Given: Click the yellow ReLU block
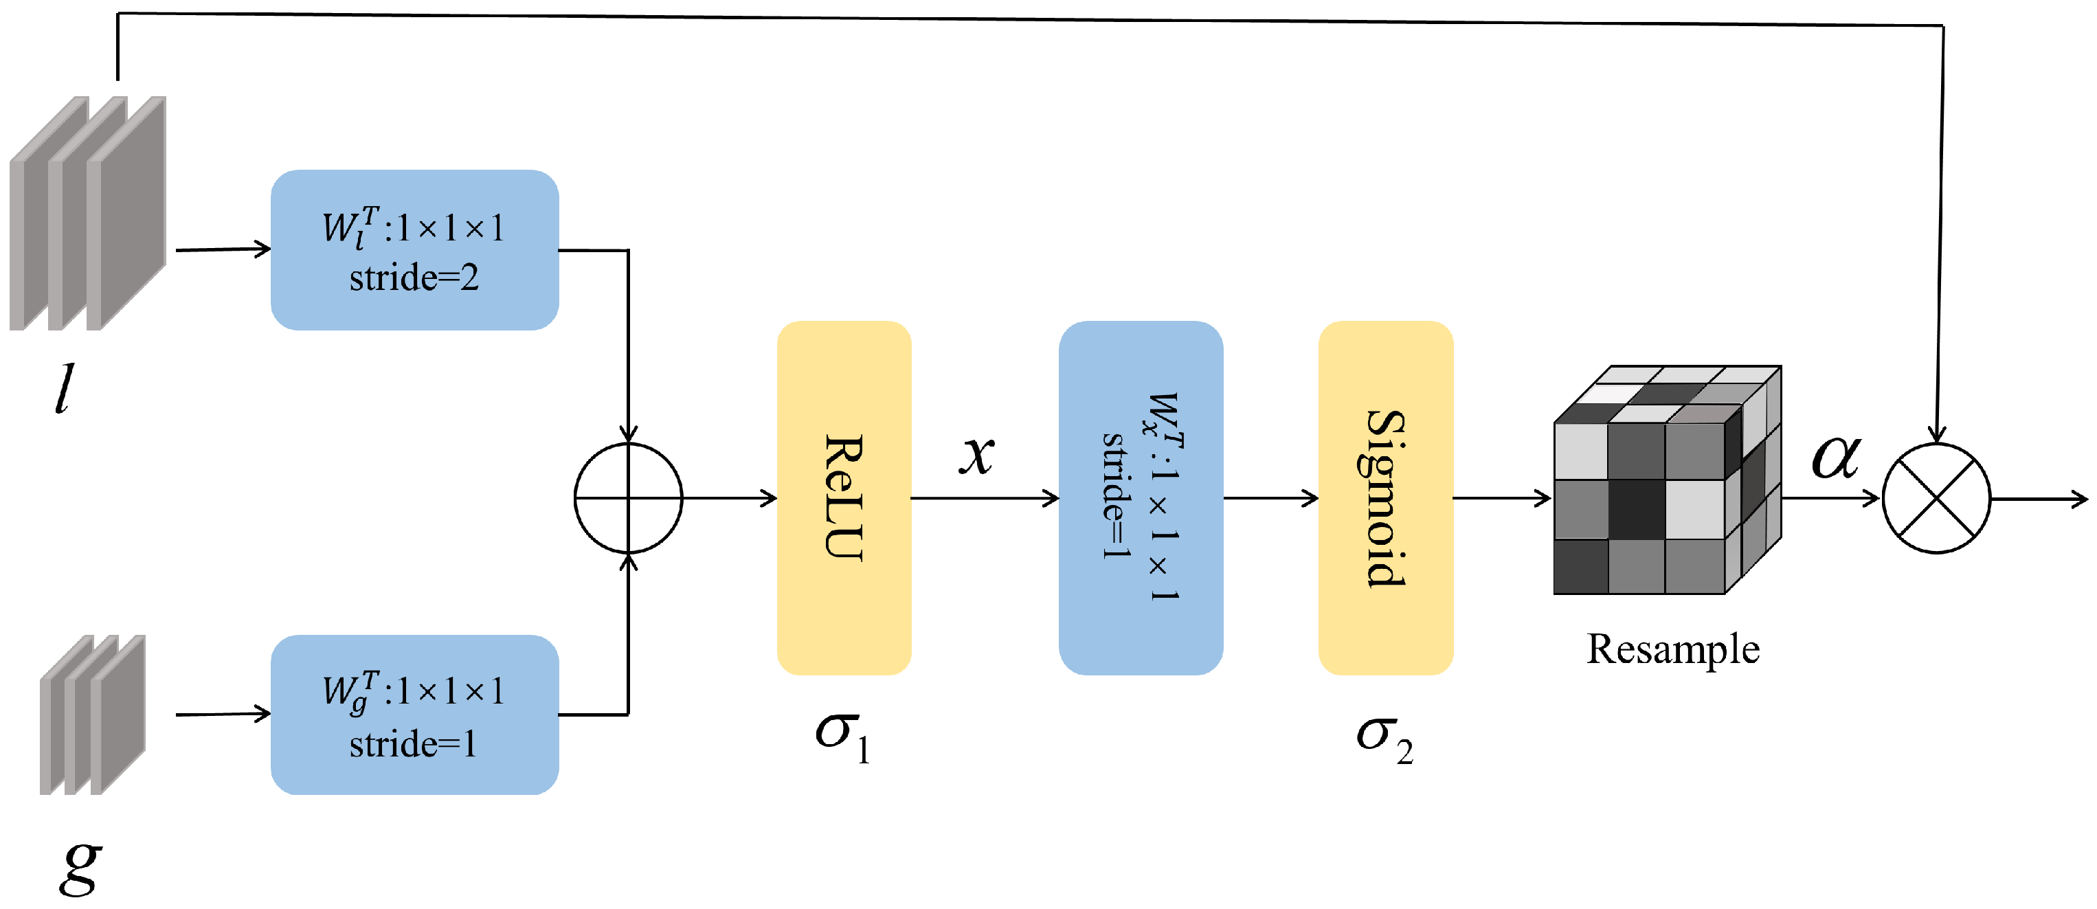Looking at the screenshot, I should tap(843, 497).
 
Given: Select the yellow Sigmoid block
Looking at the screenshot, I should tap(1384, 497).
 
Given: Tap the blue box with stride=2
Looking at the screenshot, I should tap(414, 250).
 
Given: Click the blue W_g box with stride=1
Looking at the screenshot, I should tap(414, 715).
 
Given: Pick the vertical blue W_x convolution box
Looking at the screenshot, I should tap(1140, 497).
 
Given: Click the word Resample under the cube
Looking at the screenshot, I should tap(1672, 649).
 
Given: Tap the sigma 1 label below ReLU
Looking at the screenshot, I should tap(842, 735).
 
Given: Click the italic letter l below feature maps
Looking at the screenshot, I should tap(63, 389).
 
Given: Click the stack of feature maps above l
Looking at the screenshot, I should tap(88, 213).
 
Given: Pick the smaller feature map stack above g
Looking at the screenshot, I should tap(92, 715).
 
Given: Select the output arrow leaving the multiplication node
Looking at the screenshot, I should tap(2039, 498).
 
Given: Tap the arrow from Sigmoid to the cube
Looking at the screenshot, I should tap(1502, 497).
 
